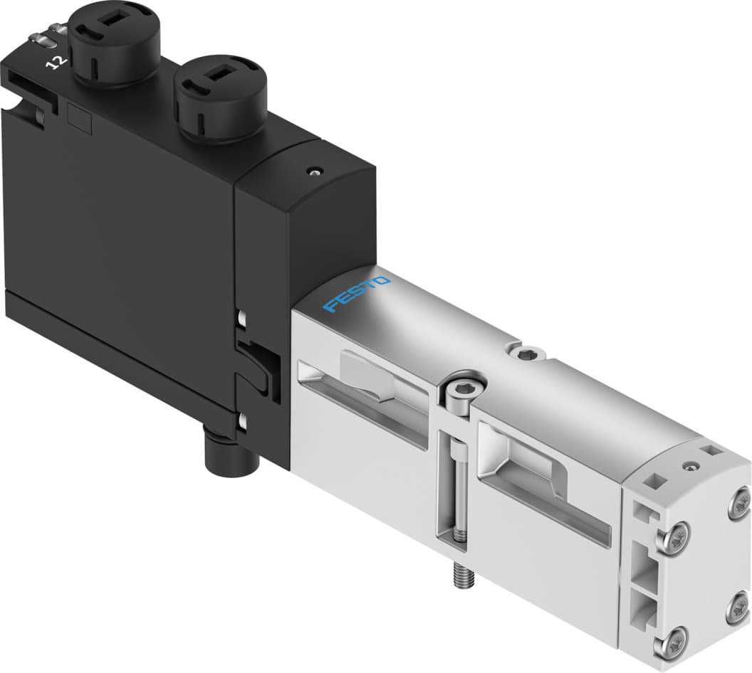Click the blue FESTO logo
coord(357,294)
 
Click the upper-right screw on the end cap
coord(738,504)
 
